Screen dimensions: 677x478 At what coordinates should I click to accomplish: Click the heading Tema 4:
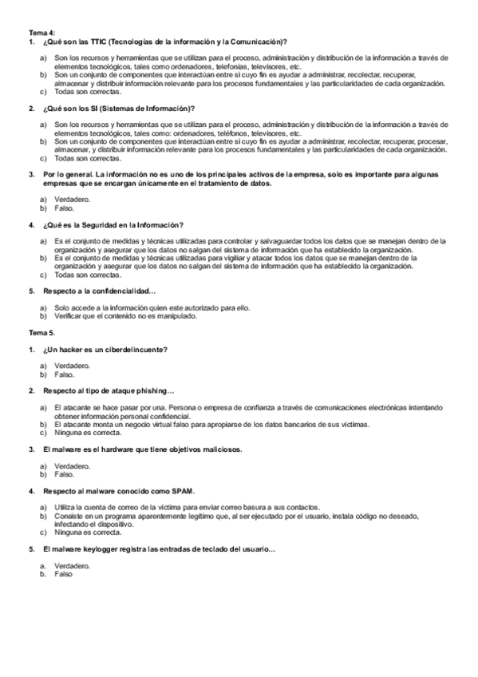[42, 32]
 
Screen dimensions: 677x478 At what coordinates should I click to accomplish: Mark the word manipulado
[174, 315]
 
